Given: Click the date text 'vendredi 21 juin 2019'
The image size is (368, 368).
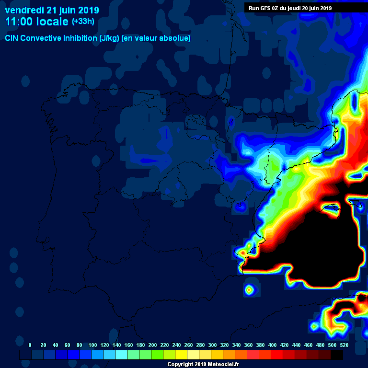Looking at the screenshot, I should pos(52,10).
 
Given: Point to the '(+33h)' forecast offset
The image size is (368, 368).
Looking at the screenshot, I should pos(83,22).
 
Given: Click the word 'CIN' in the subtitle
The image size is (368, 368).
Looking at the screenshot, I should pos(11,38).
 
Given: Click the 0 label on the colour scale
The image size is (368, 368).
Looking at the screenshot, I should pos(30,345).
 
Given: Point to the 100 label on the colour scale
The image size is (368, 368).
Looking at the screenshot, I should pos(92,345).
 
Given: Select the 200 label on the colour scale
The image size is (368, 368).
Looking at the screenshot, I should pos(153,345).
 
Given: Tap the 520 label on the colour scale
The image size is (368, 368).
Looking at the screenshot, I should pos(344,345).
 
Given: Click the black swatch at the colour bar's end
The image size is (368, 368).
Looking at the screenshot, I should pos(337,355).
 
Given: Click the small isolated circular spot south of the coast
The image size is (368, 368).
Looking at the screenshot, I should pos(249,289).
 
